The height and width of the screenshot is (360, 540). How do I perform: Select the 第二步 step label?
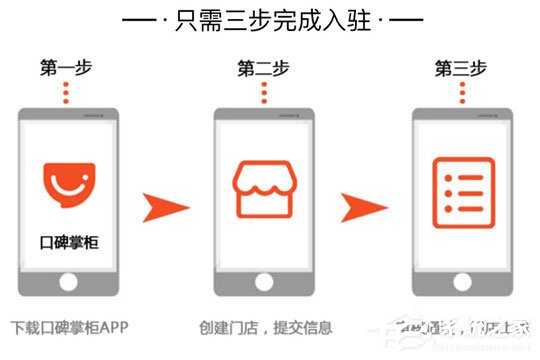coord(262,69)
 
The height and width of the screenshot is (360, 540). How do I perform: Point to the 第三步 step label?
coord(461,69)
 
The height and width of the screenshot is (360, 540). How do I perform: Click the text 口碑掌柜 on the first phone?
coord(66,241)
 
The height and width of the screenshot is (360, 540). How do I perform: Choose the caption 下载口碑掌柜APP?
coord(70,328)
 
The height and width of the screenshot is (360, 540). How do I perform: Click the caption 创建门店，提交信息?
coord(264,328)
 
